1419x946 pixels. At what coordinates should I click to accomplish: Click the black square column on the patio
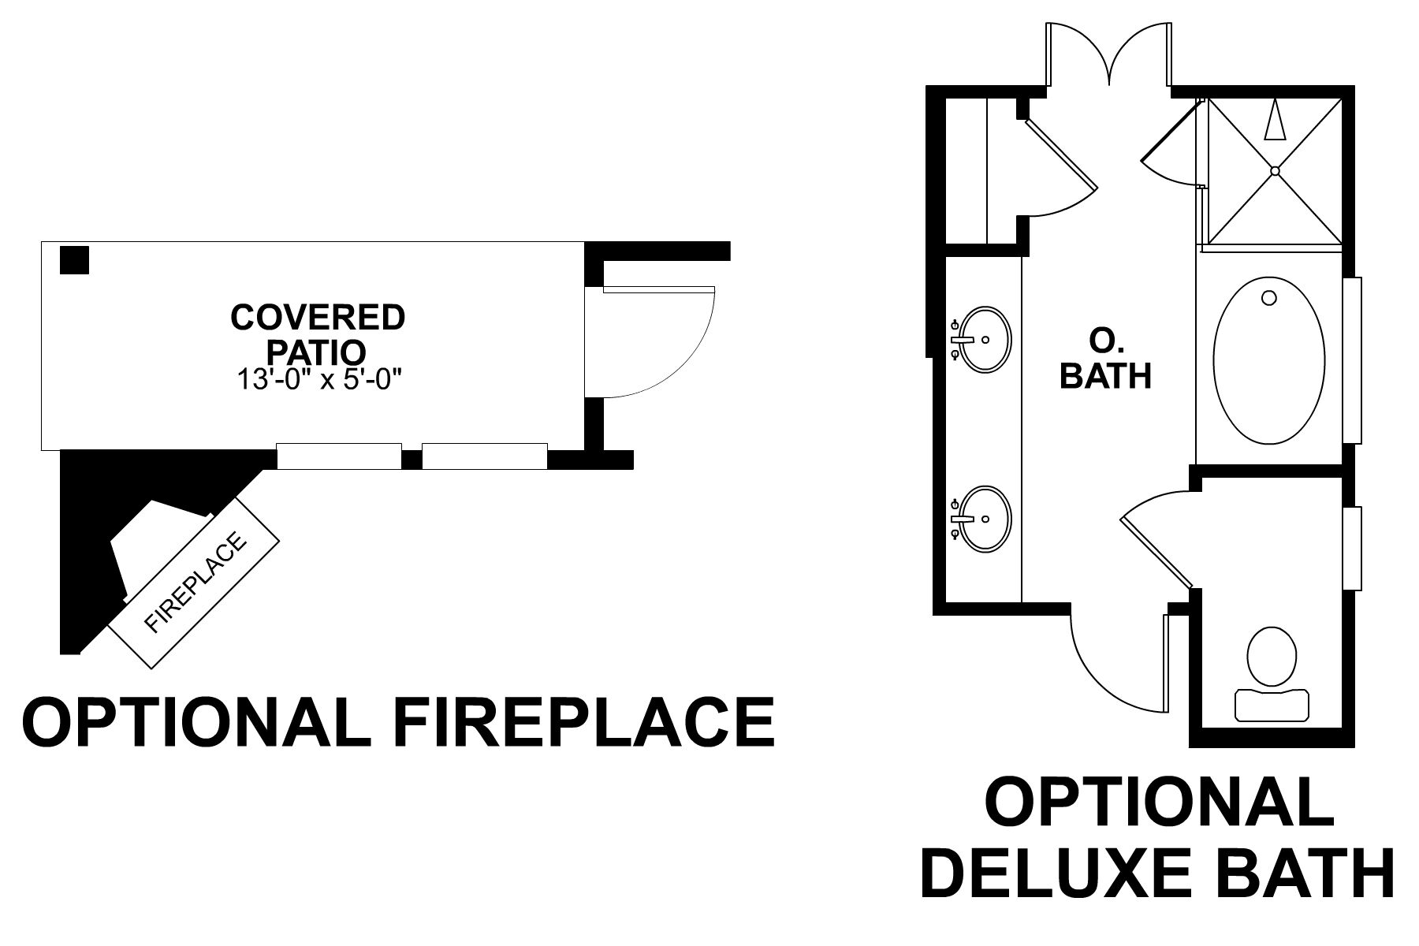75,260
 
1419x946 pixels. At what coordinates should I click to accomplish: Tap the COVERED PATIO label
318,333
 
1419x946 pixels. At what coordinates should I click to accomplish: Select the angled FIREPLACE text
196,583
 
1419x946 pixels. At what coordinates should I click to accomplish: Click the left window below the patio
339,456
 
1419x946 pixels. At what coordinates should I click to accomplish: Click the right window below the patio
484,456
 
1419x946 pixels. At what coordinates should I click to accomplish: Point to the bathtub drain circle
1268,298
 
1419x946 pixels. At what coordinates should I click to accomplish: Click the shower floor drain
1275,169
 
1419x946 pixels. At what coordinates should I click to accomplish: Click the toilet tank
1272,704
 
